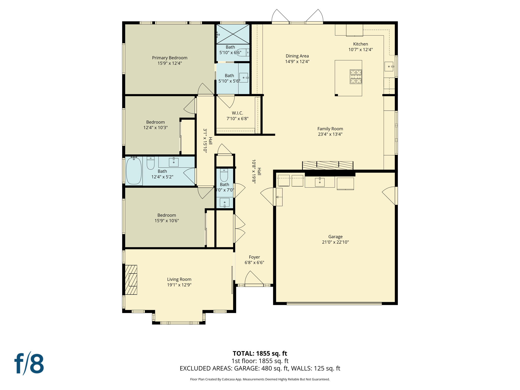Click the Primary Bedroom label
pos(170,58)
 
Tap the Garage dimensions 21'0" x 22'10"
pos(335,242)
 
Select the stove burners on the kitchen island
pos(356,77)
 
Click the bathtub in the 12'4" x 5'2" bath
pos(134,171)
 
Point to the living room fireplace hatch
pos(131,280)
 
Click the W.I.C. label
pos(237,113)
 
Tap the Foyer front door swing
pos(254,279)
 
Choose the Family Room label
pos(330,129)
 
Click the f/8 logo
pos(29,364)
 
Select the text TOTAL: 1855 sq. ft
pos(260,353)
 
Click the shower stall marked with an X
pos(233,34)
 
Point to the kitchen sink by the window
pos(389,67)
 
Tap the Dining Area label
pos(297,56)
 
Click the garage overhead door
pos(334,303)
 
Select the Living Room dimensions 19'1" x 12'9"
pos(179,285)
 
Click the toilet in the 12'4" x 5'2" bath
pos(151,163)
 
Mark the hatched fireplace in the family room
pos(328,165)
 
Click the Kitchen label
pos(360,44)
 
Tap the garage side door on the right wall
pos(390,196)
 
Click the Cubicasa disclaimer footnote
pos(260,379)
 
